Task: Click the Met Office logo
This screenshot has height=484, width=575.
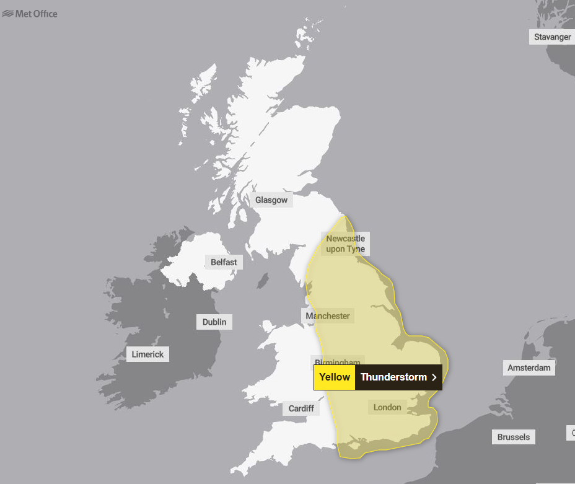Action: pyautogui.click(x=30, y=14)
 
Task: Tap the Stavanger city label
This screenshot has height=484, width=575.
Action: pyautogui.click(x=552, y=37)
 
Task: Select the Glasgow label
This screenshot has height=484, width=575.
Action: pyautogui.click(x=271, y=200)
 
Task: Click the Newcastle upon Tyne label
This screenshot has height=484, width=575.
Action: pyautogui.click(x=345, y=244)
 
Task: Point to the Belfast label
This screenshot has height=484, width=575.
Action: pyautogui.click(x=223, y=262)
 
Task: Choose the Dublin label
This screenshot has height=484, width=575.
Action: pyautogui.click(x=214, y=322)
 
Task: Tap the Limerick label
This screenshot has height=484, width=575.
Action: pyautogui.click(x=148, y=354)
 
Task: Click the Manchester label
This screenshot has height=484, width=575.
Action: pyautogui.click(x=328, y=316)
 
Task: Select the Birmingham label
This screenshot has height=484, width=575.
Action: pyautogui.click(x=337, y=361)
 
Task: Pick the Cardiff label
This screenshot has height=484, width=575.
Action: pyautogui.click(x=301, y=408)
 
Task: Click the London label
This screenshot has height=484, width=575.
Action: pyautogui.click(x=387, y=407)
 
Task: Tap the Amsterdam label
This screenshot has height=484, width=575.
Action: pyautogui.click(x=529, y=367)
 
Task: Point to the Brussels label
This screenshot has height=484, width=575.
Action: pyautogui.click(x=514, y=437)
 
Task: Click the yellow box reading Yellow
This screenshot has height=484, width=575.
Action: pyautogui.click(x=335, y=377)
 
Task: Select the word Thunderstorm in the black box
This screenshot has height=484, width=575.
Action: pyautogui.click(x=393, y=377)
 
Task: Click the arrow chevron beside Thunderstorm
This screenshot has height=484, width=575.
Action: pyautogui.click(x=434, y=377)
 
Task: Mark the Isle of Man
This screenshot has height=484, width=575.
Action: pyautogui.click(x=264, y=281)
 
